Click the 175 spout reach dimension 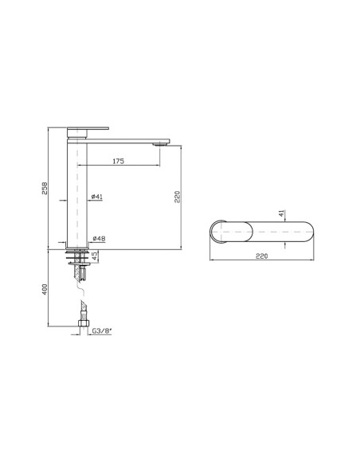[119, 162]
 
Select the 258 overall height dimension [45, 188]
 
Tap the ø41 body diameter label [97, 197]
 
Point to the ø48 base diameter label [99, 238]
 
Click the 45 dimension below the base [95, 256]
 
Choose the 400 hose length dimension [45, 289]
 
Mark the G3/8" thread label [102, 331]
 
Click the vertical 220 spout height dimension [178, 197]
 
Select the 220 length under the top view [261, 256]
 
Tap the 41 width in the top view [281, 213]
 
